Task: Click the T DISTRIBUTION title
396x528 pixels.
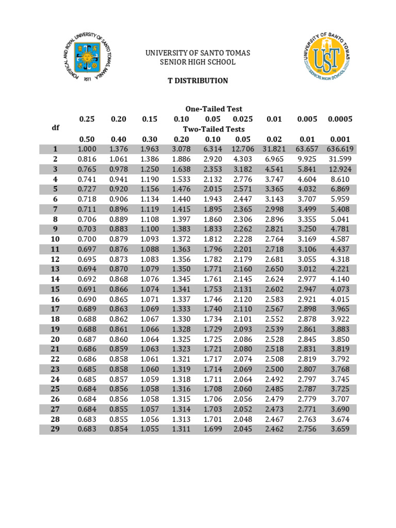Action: (x=198, y=81)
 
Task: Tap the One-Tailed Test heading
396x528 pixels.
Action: (x=213, y=109)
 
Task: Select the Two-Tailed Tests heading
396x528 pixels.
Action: (x=213, y=129)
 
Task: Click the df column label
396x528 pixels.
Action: (x=55, y=127)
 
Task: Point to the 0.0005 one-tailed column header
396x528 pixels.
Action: (x=340, y=119)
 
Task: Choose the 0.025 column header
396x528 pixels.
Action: (x=243, y=119)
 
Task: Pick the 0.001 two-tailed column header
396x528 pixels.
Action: (x=340, y=139)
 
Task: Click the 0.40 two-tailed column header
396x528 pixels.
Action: (x=119, y=139)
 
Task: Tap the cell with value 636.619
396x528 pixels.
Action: (x=340, y=149)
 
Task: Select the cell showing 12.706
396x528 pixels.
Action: (x=243, y=149)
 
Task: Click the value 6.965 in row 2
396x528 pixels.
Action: (x=274, y=159)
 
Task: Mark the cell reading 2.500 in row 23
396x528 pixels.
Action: (x=274, y=369)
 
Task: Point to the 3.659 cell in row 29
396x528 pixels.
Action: (x=340, y=428)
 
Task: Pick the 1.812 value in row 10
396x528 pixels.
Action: (x=212, y=239)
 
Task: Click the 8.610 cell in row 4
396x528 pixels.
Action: (x=340, y=179)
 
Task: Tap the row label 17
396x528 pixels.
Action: (x=55, y=309)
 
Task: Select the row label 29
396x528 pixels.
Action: (x=55, y=428)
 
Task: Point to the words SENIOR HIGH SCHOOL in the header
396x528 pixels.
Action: (x=198, y=62)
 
